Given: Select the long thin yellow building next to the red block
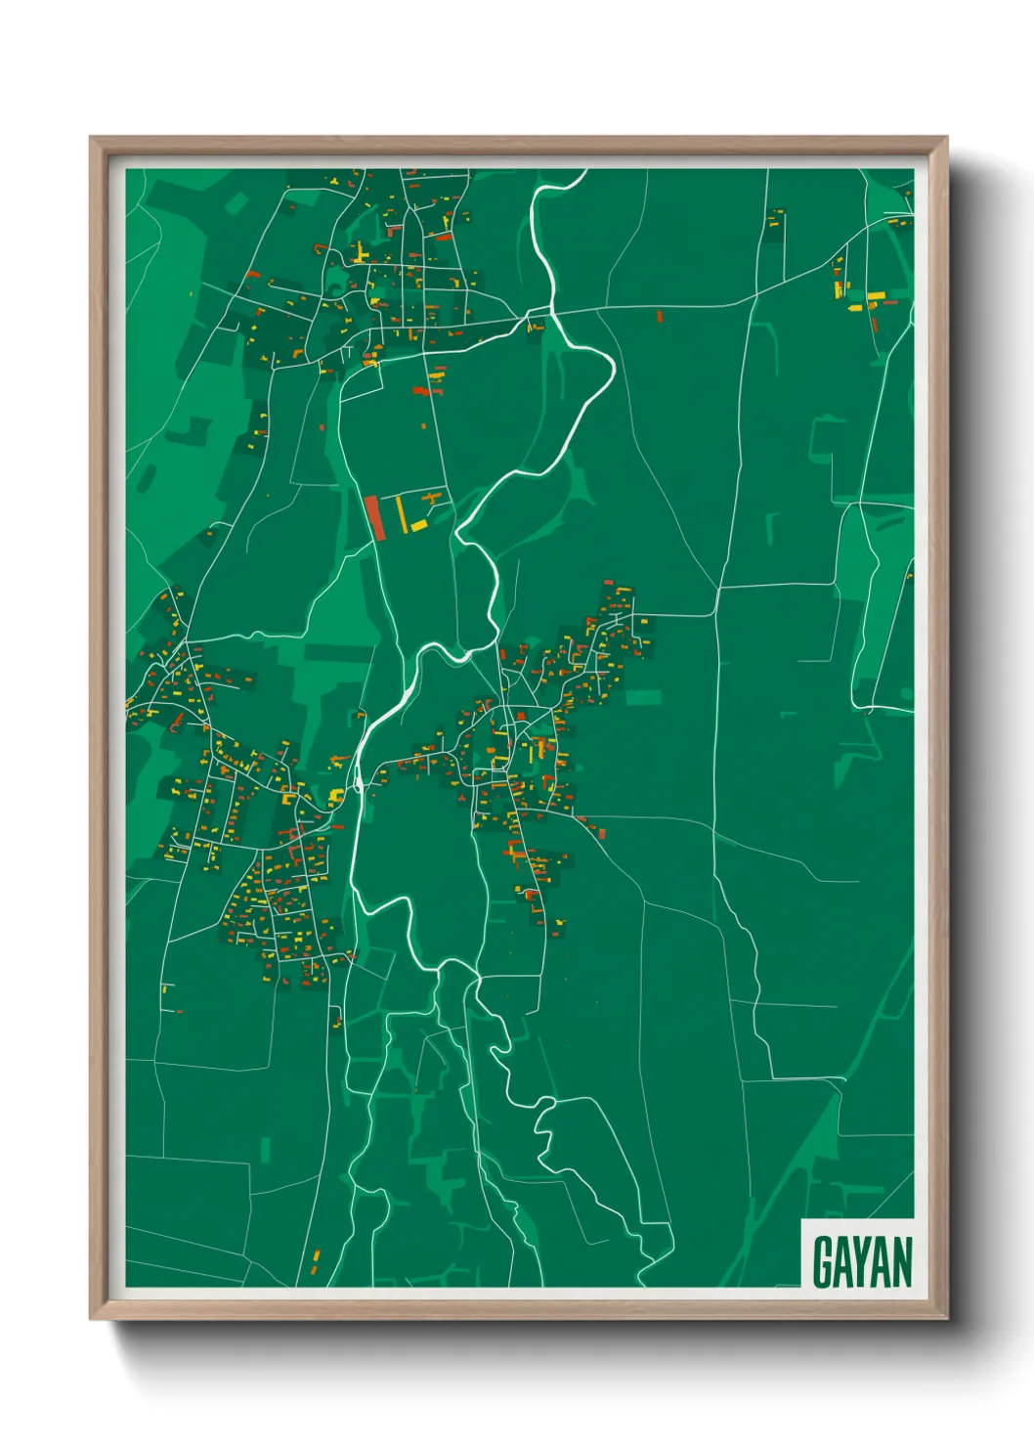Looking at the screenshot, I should pos(401,513).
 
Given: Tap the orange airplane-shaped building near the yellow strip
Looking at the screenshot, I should pos(431,500).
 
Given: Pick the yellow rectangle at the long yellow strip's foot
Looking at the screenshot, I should pos(418,526).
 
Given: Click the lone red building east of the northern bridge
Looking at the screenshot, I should pos(659,317).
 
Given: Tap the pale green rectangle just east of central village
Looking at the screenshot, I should pos(643,697).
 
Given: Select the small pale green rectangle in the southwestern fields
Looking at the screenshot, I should pos(266,1150).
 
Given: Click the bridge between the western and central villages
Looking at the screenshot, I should pos(359,779).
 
